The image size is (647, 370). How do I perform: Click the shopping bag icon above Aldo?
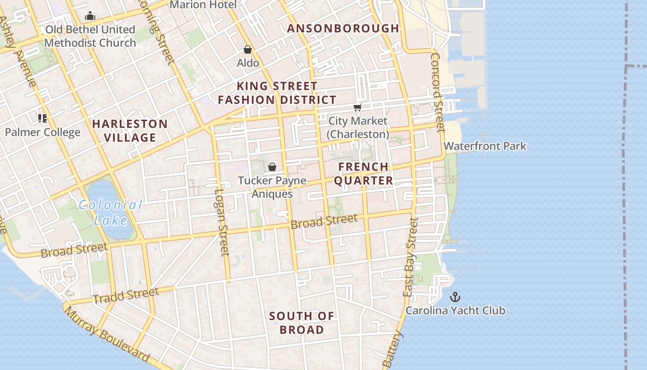tap(248, 49)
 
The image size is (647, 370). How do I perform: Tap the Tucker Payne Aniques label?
tap(272, 187)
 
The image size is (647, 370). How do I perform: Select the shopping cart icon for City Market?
tap(357, 108)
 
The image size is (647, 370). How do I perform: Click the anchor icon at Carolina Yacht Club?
tap(455, 296)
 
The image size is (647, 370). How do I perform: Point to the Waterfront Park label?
tap(485, 146)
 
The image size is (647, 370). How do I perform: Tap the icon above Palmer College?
tap(43, 118)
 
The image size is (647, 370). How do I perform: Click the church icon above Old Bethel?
tap(90, 17)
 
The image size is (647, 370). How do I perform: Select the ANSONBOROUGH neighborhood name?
tap(343, 28)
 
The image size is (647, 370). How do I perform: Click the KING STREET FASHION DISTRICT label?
tap(277, 93)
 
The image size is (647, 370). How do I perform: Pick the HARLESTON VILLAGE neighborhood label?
tap(130, 130)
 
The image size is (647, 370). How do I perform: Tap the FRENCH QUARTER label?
tap(364, 173)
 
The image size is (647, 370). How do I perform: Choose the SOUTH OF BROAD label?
tap(301, 323)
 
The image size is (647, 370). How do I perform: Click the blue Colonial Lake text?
tap(110, 212)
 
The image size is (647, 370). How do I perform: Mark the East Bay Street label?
tap(410, 257)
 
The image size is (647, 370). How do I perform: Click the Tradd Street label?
tap(126, 296)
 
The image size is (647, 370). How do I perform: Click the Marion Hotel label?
tap(203, 5)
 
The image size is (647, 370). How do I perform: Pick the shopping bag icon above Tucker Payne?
tap(272, 167)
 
